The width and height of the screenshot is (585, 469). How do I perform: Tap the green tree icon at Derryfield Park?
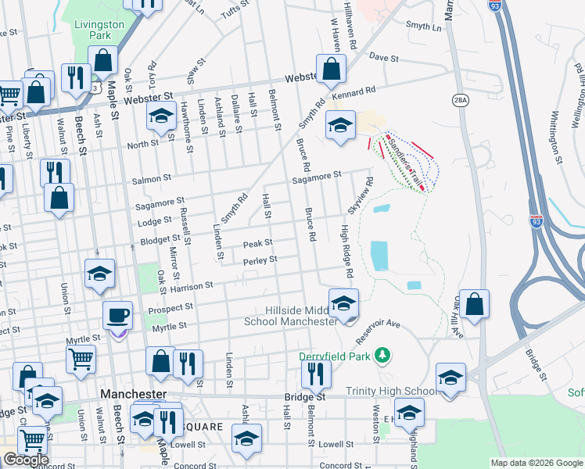click(x=382, y=356)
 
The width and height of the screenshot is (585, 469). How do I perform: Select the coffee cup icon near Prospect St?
click(x=118, y=316)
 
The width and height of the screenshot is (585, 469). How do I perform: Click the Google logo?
click(x=25, y=460)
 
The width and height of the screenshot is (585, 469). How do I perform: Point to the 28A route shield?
click(x=460, y=99)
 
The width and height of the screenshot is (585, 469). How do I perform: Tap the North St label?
click(x=142, y=145)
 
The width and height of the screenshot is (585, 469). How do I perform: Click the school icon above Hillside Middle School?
click(x=343, y=303)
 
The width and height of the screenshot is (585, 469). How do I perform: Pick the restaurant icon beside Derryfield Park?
click(x=316, y=374)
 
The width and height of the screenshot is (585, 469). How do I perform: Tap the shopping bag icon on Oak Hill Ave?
click(x=475, y=304)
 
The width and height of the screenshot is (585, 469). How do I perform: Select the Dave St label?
click(x=384, y=58)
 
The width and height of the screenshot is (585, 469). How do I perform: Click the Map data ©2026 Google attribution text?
click(x=536, y=463)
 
